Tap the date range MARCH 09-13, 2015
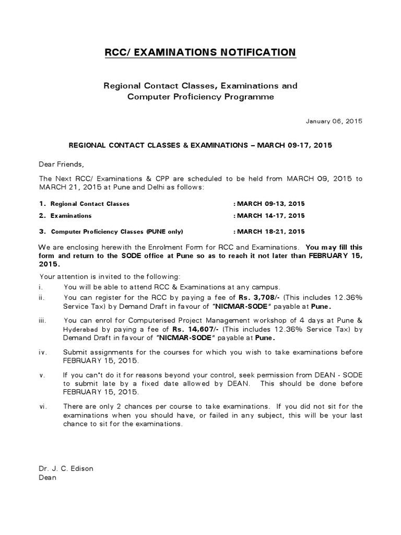[271, 204]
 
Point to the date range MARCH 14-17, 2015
[271, 215]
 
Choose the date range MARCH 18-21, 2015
[271, 231]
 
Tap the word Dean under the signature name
[48, 476]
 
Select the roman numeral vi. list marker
[42, 406]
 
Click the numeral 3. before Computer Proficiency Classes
[42, 231]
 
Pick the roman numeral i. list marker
[41, 287]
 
